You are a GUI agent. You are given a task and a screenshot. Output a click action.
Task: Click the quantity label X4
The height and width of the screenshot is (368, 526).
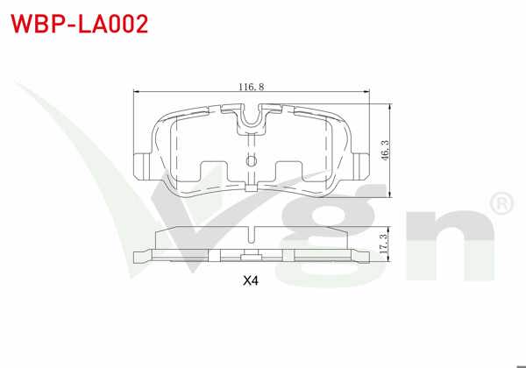(252, 282)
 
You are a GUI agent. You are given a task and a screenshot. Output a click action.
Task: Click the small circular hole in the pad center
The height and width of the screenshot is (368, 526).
(252, 161)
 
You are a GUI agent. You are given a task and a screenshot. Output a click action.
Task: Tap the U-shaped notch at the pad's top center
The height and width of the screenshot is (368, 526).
(252, 118)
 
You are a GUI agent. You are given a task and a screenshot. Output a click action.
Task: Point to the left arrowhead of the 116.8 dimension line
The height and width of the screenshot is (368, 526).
(134, 92)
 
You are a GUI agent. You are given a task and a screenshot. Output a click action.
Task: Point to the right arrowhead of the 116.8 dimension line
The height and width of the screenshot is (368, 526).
(369, 92)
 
